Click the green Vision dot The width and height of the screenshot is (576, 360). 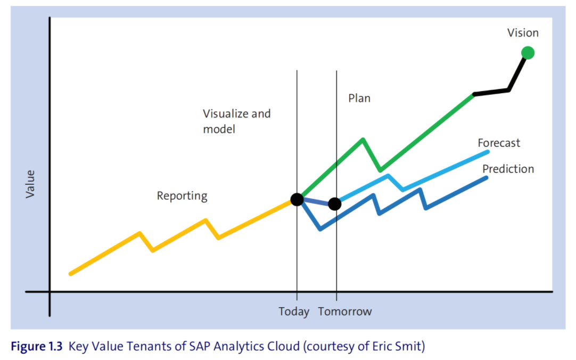(x=528, y=52)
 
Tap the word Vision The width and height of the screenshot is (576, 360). (x=523, y=33)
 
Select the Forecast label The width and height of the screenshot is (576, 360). (x=499, y=143)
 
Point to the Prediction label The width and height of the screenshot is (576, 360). (x=508, y=169)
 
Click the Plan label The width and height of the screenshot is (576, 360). (x=359, y=99)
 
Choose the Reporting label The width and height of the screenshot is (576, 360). (x=182, y=196)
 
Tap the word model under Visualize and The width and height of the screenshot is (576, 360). (x=219, y=129)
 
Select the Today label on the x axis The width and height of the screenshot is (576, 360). (x=294, y=312)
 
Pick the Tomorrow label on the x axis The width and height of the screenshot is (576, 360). (x=345, y=312)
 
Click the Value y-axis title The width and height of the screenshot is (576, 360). (x=30, y=184)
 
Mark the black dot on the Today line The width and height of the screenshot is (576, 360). (x=297, y=200)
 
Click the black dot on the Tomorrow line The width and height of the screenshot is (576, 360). (x=335, y=204)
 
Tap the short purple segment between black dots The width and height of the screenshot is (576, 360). (x=316, y=202)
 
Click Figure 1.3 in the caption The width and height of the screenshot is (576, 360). (x=36, y=347)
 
